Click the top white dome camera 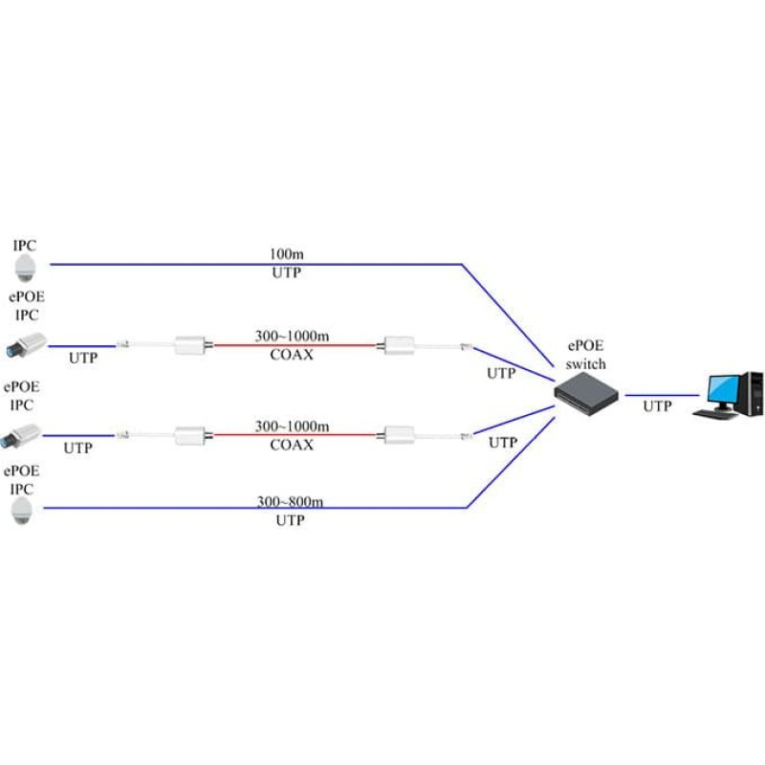coord(24,266)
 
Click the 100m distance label coord(286,255)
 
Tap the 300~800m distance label coord(286,500)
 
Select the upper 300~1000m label coord(292,336)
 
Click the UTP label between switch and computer coord(657,406)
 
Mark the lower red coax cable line coord(296,436)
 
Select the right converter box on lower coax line coord(396,435)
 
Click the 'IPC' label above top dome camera coord(24,245)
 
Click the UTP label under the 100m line coord(286,273)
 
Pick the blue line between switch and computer coord(661,394)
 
